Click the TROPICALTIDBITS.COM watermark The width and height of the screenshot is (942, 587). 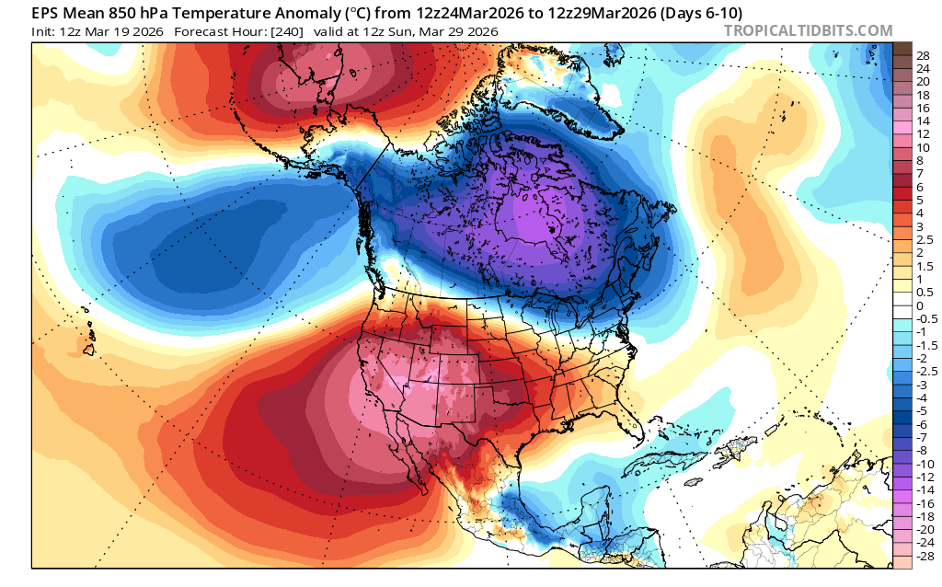pyautogui.click(x=808, y=30)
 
